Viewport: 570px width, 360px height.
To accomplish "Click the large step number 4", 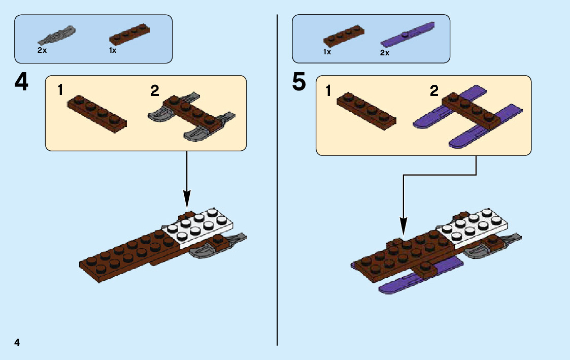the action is click(x=21, y=83).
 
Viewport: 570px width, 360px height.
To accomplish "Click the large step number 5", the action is click(x=299, y=83).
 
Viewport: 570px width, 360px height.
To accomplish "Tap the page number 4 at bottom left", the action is click(x=17, y=342).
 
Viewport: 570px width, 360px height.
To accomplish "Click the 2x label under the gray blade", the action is click(x=42, y=51).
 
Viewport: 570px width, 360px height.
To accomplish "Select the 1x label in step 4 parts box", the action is click(x=113, y=51).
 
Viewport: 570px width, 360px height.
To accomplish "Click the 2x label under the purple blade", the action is click(x=384, y=53).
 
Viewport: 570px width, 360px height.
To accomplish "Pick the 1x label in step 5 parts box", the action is click(x=327, y=52).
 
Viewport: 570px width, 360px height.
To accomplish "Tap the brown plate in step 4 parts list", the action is click(x=129, y=35).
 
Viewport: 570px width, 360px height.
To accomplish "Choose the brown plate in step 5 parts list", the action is click(x=344, y=36).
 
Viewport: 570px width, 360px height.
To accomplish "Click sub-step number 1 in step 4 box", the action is click(x=60, y=90).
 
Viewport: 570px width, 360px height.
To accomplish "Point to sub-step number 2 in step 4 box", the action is click(x=155, y=91).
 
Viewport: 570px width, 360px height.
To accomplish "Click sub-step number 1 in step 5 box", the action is click(x=328, y=91).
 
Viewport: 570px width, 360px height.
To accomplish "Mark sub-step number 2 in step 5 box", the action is click(x=434, y=91).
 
